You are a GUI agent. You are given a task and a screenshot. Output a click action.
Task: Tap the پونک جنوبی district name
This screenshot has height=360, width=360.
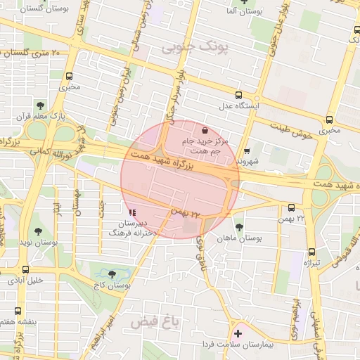tap(195, 48)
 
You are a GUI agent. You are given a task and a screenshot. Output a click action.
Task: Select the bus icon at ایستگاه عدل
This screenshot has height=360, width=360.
tap(239, 95)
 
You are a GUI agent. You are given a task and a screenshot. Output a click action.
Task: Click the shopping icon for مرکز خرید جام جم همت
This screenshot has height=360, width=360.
tap(205, 130)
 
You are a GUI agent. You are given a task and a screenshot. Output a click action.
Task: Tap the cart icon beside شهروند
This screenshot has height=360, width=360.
tap(247, 150)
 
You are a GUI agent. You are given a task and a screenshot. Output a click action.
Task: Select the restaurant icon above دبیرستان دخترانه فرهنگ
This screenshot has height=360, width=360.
tap(133, 212)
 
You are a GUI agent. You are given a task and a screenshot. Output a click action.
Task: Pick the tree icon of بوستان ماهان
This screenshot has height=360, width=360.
tap(239, 227)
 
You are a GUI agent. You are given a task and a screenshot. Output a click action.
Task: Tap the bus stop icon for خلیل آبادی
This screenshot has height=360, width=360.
tap(26, 269)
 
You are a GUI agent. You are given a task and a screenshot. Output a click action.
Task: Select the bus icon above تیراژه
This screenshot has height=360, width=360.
tap(312, 252)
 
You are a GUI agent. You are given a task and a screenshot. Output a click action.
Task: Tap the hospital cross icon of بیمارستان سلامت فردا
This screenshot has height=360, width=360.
tap(238, 334)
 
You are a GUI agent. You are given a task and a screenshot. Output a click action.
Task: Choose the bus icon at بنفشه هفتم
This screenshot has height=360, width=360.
tap(18, 310)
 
